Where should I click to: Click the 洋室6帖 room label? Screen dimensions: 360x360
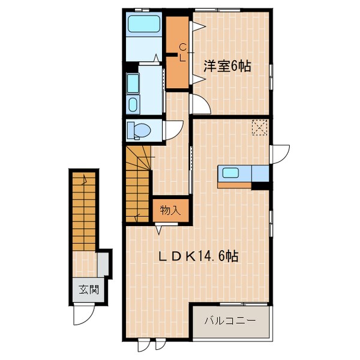pyautogui.click(x=226, y=67)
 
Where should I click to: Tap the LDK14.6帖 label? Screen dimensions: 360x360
pyautogui.click(x=199, y=257)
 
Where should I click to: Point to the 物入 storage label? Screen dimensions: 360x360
pyautogui.click(x=170, y=210)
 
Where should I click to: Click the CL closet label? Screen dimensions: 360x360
pyautogui.click(x=184, y=52)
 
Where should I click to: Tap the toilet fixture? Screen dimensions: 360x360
pyautogui.click(x=141, y=130)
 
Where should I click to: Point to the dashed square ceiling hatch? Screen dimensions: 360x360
pyautogui.click(x=260, y=127)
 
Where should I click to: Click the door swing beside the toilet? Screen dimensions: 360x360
pyautogui.click(x=174, y=130)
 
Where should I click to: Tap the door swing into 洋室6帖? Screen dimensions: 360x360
pyautogui.click(x=200, y=103)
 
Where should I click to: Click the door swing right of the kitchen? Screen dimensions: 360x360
pyautogui.click(x=279, y=154)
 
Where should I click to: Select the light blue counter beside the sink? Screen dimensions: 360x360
pyautogui.click(x=260, y=173)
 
